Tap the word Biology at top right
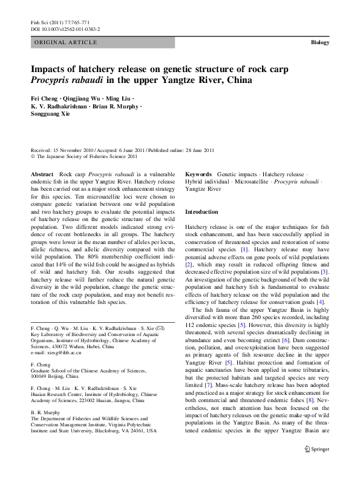point(319,42)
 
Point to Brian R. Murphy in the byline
point(117,106)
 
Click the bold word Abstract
point(41,173)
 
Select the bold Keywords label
point(198,173)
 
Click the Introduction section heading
point(201,212)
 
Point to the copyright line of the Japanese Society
point(84,156)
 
